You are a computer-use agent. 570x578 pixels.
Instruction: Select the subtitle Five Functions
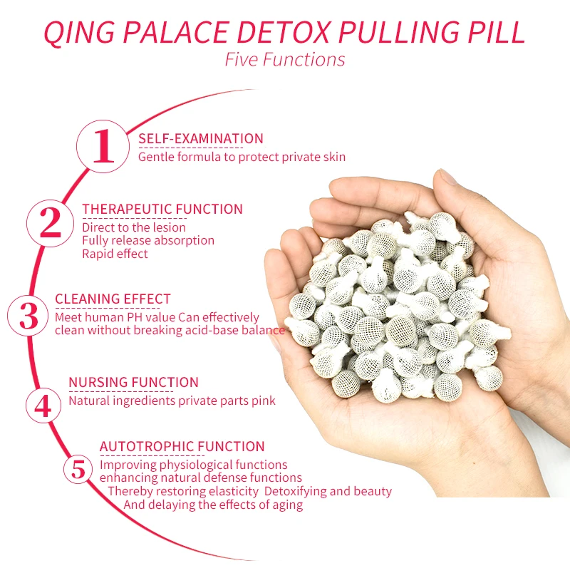point(285,59)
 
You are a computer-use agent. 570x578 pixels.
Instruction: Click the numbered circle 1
point(104,146)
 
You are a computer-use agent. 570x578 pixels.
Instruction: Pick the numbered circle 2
point(51,222)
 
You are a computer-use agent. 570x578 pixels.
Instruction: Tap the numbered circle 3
point(29,316)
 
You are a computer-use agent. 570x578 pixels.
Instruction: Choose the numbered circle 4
point(43,405)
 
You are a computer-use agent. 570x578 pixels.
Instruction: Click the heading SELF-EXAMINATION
point(201,139)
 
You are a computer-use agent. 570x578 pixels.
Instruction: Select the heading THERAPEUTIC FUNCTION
point(162,209)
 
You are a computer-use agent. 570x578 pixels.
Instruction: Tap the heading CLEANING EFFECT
point(113,299)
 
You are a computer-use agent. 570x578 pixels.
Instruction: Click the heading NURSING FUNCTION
point(133,383)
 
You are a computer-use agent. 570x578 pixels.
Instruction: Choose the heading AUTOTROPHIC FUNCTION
point(182,447)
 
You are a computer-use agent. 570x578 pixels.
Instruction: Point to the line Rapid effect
point(115,254)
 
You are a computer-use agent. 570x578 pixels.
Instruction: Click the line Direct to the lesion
point(134,227)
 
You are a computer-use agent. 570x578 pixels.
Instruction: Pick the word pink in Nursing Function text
point(262,401)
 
